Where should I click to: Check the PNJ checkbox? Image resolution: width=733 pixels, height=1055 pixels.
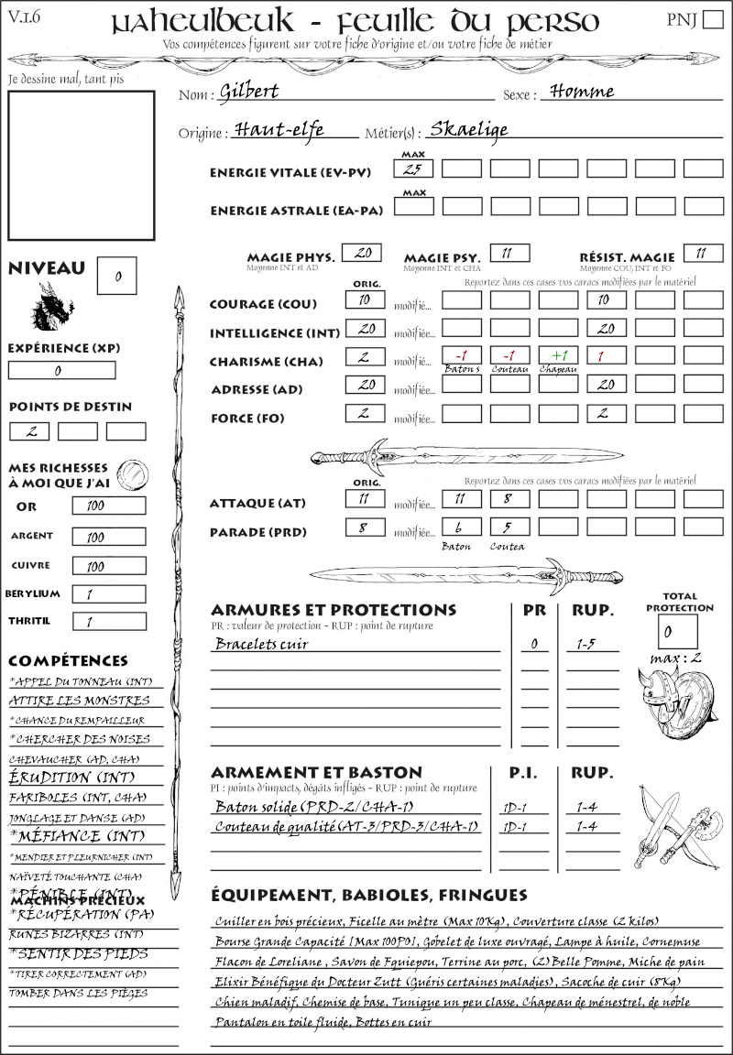[x=711, y=21]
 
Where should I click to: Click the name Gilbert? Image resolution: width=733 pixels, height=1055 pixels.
[x=248, y=92]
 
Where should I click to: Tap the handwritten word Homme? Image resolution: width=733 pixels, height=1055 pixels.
[x=577, y=92]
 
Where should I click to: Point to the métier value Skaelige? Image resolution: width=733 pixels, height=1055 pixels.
[x=468, y=129]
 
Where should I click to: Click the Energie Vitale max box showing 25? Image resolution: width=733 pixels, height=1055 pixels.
[x=413, y=169]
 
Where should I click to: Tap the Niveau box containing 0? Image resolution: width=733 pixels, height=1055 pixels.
[x=118, y=274]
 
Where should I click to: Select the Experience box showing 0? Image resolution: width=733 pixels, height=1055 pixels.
[x=61, y=371]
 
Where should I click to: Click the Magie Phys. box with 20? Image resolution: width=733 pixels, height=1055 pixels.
[x=361, y=253]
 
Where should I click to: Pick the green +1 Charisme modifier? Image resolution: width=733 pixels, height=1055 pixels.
[x=557, y=356]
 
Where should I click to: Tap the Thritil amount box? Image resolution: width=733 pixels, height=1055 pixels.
[x=108, y=622]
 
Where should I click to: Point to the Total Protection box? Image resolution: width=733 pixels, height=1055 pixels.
[x=677, y=631]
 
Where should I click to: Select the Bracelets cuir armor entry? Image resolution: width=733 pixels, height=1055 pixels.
[x=261, y=644]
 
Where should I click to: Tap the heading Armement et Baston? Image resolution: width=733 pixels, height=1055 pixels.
[x=316, y=772]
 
